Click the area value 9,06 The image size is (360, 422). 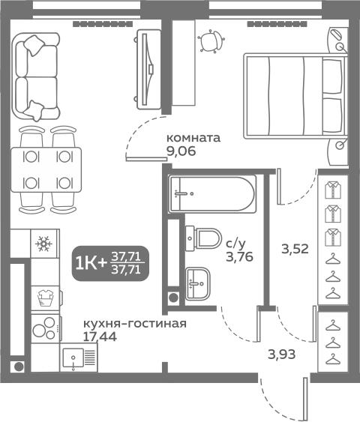click(181, 151)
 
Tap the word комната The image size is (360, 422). click(193, 138)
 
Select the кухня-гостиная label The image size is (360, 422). click(135, 324)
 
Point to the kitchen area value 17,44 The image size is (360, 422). click(100, 337)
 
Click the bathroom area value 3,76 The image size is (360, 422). click(240, 257)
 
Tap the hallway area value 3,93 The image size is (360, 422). click(282, 355)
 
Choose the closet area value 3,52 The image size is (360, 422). click(295, 249)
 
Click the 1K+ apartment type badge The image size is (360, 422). click(110, 264)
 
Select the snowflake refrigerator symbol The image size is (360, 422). click(44, 244)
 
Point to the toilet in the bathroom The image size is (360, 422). click(203, 238)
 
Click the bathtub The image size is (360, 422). click(212, 193)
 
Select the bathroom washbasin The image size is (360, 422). click(197, 283)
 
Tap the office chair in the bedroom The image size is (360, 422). click(211, 40)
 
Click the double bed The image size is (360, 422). click(295, 96)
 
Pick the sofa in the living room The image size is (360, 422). click(36, 77)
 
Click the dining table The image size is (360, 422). click(46, 169)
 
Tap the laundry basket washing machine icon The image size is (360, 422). click(46, 298)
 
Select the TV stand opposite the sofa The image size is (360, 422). click(148, 69)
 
